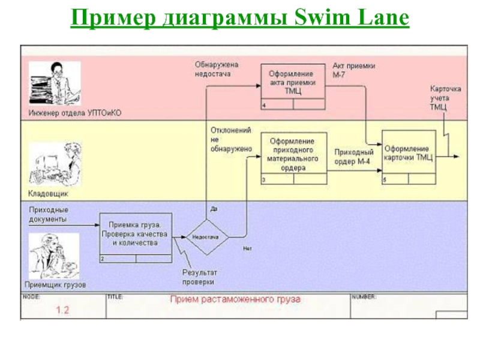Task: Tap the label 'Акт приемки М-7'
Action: coord(354,71)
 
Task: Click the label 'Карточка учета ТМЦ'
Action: coord(444,98)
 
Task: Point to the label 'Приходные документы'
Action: coord(47,215)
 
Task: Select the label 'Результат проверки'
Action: coord(199,277)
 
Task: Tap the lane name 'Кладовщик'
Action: coord(49,194)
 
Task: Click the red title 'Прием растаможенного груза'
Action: coord(235,299)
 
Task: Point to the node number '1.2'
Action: coord(63,310)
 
